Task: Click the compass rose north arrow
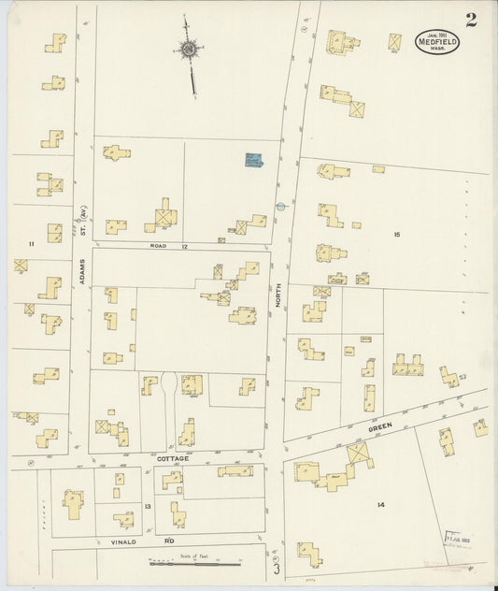pyautogui.click(x=190, y=50)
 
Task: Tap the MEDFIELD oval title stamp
pyautogui.click(x=436, y=43)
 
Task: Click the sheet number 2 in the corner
pyautogui.click(x=471, y=21)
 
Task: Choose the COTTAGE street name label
pyautogui.click(x=173, y=458)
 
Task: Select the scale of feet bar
pyautogui.click(x=195, y=564)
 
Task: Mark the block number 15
pyautogui.click(x=396, y=234)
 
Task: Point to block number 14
pyautogui.click(x=380, y=505)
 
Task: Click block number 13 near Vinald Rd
pyautogui.click(x=148, y=506)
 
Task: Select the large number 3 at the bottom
pyautogui.click(x=277, y=567)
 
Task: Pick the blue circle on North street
pyautogui.click(x=279, y=206)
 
